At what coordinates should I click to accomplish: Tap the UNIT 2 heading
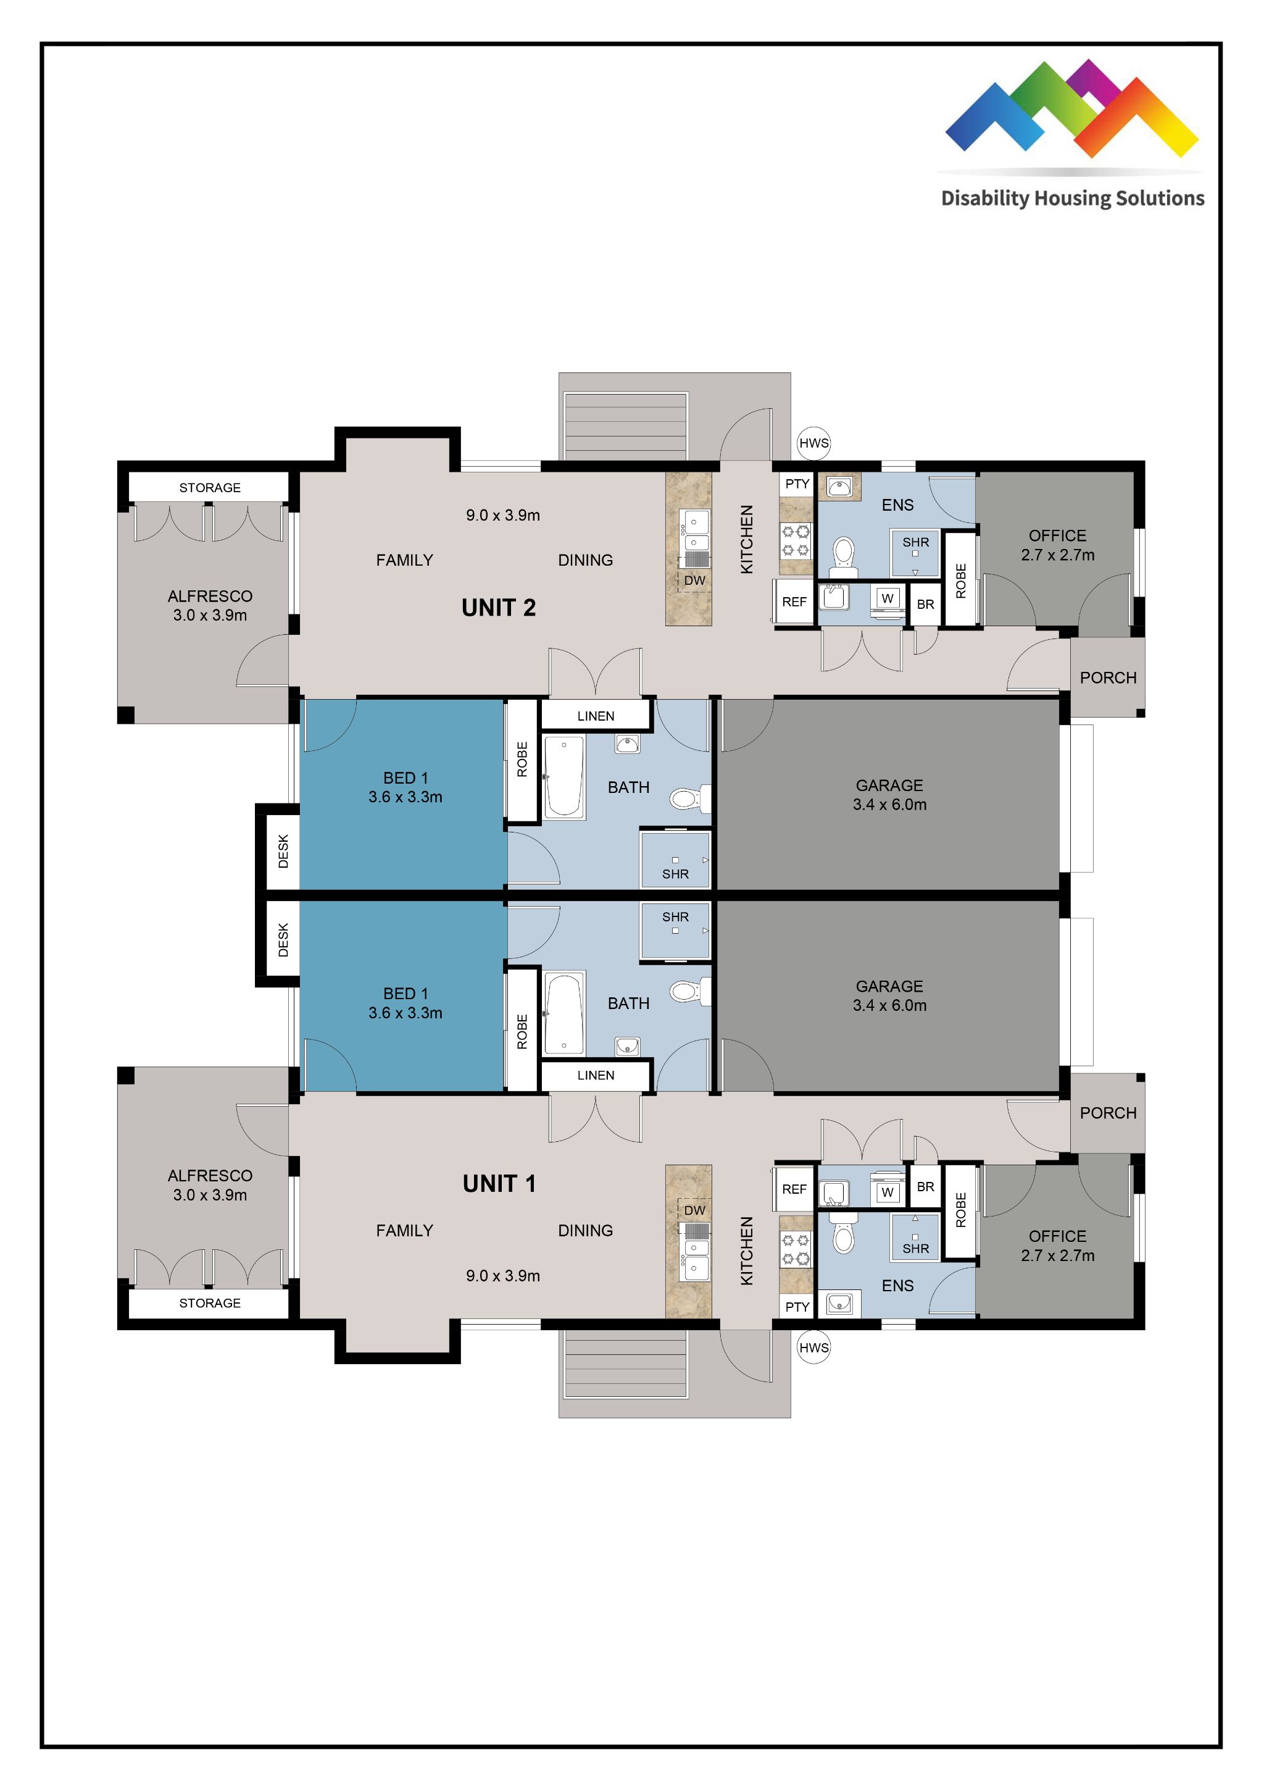pyautogui.click(x=499, y=608)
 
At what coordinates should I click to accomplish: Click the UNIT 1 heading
pyautogui.click(x=499, y=1184)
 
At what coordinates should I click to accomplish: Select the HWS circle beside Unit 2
pyautogui.click(x=814, y=443)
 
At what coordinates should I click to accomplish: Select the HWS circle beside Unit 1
pyautogui.click(x=814, y=1347)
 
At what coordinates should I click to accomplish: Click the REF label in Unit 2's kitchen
pyautogui.click(x=794, y=601)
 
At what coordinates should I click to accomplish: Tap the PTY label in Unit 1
pyautogui.click(x=797, y=1307)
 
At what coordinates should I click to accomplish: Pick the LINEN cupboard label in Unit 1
pyautogui.click(x=596, y=1075)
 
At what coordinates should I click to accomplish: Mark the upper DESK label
pyautogui.click(x=283, y=851)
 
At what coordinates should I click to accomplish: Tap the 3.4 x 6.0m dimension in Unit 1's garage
pyautogui.click(x=889, y=1005)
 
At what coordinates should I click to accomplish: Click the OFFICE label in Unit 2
pyautogui.click(x=1057, y=535)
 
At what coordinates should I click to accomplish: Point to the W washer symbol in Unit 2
pyautogui.click(x=887, y=598)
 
